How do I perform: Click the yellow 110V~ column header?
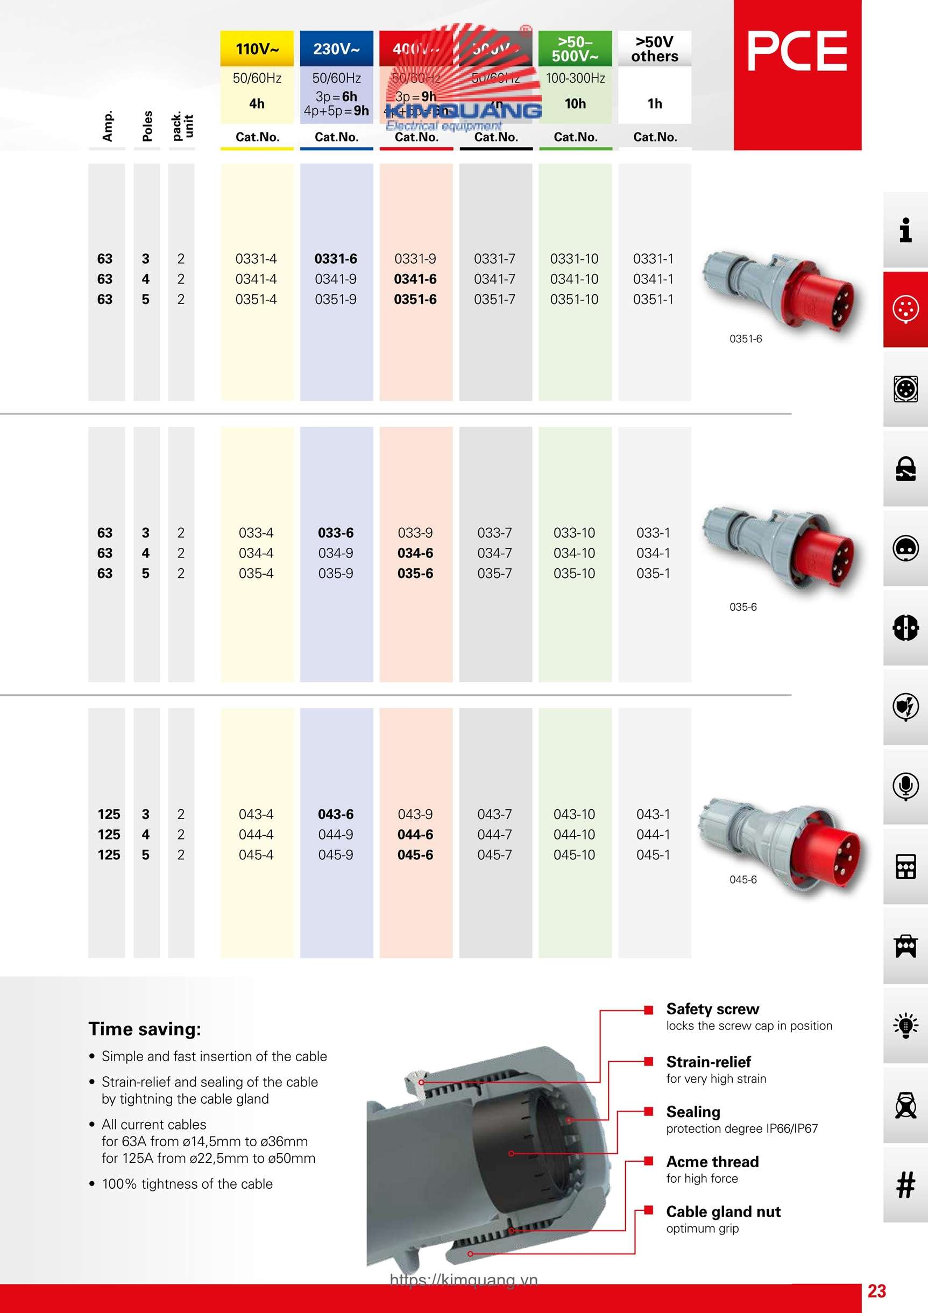(x=257, y=48)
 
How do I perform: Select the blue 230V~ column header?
(x=336, y=48)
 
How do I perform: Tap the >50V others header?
(x=654, y=48)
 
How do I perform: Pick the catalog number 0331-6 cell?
(x=336, y=259)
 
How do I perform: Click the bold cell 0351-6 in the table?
(x=415, y=300)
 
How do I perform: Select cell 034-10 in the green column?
(x=574, y=554)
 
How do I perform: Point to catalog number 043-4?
(x=256, y=814)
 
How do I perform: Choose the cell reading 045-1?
(x=653, y=855)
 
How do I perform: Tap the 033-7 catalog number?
(x=494, y=533)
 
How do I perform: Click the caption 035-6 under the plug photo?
(x=743, y=608)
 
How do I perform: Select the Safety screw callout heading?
(x=712, y=1010)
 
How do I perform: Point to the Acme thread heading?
(x=712, y=1162)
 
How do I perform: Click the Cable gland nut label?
(x=724, y=1212)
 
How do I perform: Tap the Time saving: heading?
(x=145, y=1029)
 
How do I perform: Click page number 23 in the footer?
(x=876, y=1291)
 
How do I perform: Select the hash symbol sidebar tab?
(x=905, y=1185)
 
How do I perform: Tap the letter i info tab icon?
(x=905, y=230)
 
